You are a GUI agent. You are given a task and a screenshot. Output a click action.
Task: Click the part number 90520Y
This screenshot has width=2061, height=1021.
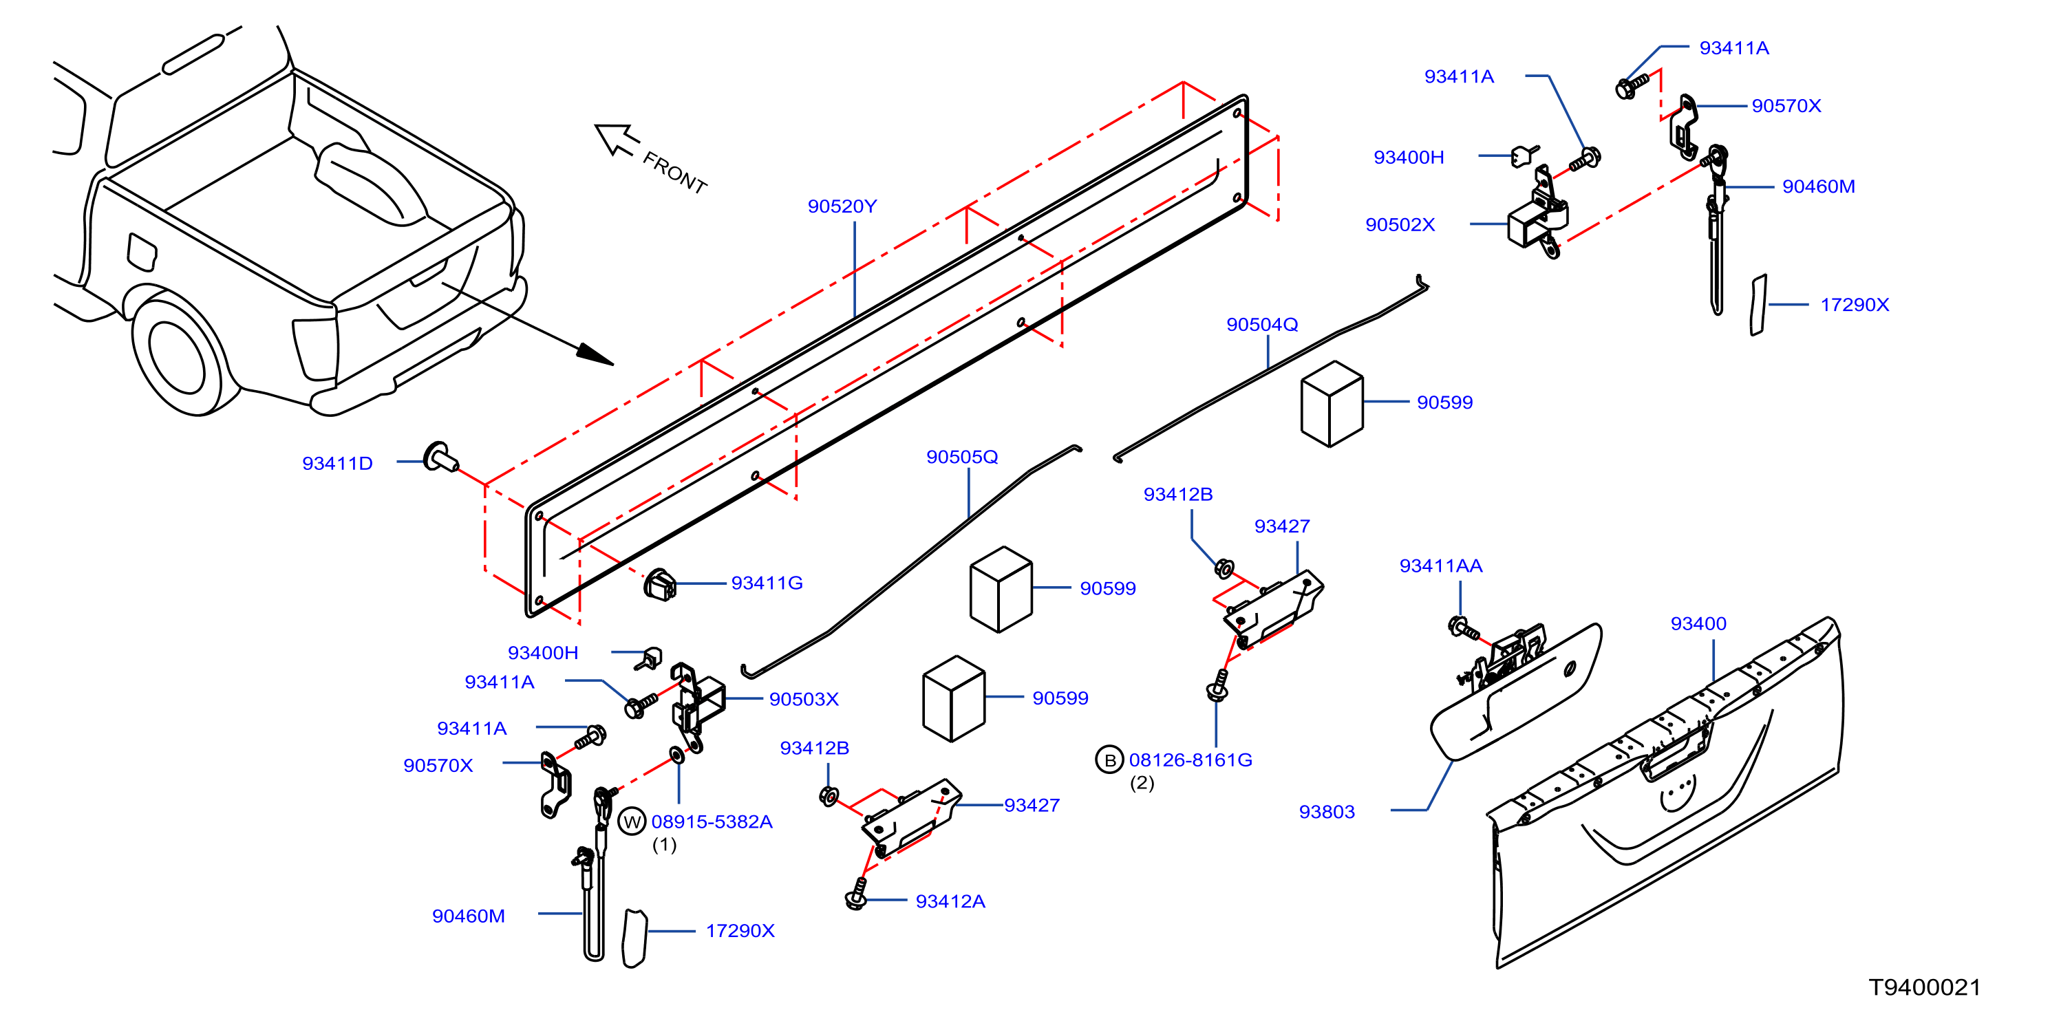tap(842, 206)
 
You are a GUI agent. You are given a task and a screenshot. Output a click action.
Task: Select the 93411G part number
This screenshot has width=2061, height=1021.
tap(767, 583)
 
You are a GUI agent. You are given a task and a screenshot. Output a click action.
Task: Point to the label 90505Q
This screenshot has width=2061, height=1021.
tap(962, 457)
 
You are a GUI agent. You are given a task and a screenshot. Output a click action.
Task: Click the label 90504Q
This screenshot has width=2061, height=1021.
tap(1262, 325)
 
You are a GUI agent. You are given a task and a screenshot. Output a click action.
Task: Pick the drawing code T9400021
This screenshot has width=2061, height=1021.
tap(1924, 987)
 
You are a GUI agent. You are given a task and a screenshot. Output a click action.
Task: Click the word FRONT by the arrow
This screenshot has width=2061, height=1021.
tap(674, 173)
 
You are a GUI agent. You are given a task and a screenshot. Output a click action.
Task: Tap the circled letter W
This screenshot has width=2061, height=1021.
tap(632, 821)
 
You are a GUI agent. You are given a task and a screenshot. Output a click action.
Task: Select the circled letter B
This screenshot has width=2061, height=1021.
tap(1109, 760)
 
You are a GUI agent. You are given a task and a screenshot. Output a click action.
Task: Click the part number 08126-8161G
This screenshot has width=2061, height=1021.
tap(1190, 760)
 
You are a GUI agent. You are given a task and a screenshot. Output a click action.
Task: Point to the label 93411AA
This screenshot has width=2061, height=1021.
tap(1440, 566)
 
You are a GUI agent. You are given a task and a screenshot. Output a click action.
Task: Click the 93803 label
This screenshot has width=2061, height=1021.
tap(1327, 812)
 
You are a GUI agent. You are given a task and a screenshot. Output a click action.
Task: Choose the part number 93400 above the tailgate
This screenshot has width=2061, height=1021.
tap(1698, 623)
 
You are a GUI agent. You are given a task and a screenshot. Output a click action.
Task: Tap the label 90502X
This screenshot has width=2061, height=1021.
tap(1400, 225)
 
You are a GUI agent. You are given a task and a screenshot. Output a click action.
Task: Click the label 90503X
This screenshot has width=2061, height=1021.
tap(803, 699)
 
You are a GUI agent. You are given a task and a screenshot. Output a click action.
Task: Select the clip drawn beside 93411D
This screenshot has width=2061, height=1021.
tap(440, 457)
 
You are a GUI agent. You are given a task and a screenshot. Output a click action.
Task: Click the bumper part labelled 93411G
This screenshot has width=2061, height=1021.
tap(660, 585)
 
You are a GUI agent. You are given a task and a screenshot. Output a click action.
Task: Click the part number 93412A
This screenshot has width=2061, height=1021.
tap(950, 902)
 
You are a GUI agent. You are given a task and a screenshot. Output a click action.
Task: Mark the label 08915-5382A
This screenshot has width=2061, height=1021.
tap(712, 821)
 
